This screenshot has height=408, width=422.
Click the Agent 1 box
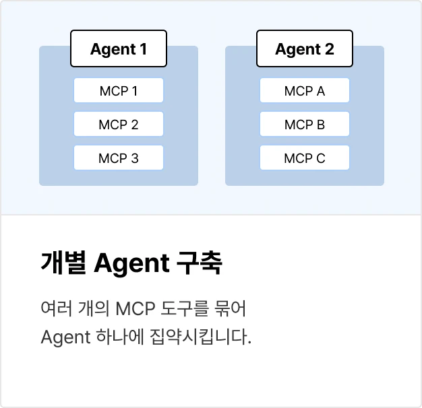tap(119, 48)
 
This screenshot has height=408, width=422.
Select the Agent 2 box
tap(305, 48)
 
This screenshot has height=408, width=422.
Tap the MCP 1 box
tap(119, 90)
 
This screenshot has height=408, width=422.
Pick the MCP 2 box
tap(119, 124)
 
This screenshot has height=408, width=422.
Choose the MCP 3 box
tap(119, 158)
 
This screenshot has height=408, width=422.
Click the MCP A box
tap(305, 90)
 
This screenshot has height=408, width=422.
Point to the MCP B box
tap(305, 124)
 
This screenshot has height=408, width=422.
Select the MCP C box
tap(305, 158)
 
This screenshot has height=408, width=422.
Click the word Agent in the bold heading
tap(131, 264)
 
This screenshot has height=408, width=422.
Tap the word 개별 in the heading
tap(63, 263)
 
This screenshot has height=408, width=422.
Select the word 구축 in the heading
tap(200, 263)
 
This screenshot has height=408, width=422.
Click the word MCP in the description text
tap(135, 308)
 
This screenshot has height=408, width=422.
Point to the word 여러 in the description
tap(57, 308)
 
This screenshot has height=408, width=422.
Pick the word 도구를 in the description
tap(185, 308)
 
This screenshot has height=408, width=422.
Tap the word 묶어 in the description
tap(230, 308)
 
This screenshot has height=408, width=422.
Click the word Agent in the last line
tap(65, 337)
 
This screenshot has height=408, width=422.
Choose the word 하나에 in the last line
tap(120, 337)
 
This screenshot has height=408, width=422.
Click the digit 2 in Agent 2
tap(329, 49)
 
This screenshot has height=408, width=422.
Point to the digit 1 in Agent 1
tap(143, 49)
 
